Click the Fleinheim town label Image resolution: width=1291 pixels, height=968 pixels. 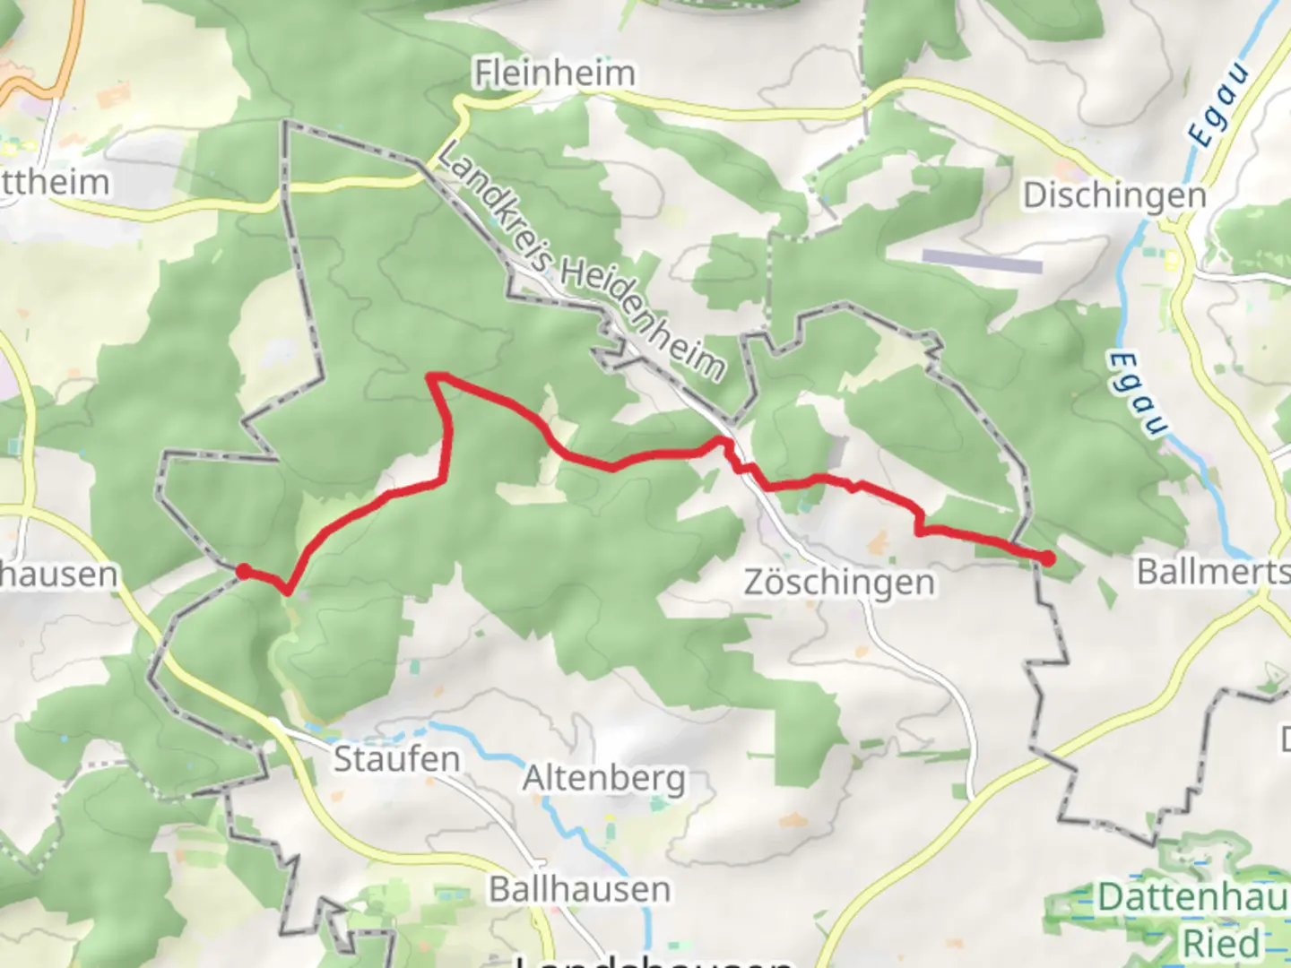554,73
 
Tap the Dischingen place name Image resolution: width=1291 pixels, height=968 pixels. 1114,195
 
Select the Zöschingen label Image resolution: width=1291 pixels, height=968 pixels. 839,583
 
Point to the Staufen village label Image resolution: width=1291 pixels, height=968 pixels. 396,759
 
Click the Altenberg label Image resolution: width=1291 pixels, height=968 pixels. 603,778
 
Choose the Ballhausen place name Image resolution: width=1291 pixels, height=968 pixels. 579,889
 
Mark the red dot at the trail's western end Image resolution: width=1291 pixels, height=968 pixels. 243,570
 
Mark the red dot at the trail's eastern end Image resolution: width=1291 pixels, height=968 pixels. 1047,558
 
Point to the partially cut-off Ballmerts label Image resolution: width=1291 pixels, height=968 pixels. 1212,572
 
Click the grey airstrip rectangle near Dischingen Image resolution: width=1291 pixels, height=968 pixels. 982,260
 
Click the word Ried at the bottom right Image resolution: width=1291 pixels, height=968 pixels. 1221,944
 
